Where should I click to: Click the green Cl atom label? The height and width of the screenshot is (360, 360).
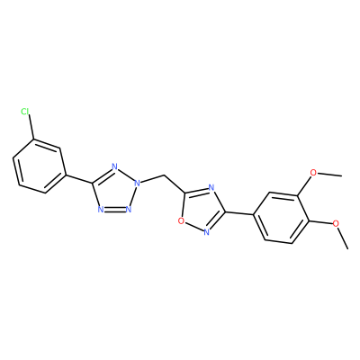pyautogui.click(x=25, y=112)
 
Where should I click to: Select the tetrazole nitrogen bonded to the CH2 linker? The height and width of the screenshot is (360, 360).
pyautogui.click(x=137, y=183)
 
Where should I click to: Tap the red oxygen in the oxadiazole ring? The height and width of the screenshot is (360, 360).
pyautogui.click(x=181, y=221)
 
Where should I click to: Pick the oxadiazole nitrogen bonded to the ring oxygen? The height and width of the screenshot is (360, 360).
pyautogui.click(x=206, y=231)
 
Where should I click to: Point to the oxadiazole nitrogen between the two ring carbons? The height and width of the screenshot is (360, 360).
pyautogui.click(x=211, y=188)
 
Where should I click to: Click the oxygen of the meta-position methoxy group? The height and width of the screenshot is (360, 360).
pyautogui.click(x=313, y=173)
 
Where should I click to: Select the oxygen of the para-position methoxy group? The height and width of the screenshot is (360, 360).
pyautogui.click(x=336, y=223)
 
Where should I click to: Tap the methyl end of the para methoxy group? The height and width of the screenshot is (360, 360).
pyautogui.click(x=347, y=248)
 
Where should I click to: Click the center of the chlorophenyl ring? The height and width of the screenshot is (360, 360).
pyautogui.click(x=39, y=166)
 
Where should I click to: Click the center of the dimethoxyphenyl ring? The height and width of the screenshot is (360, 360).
pyautogui.click(x=281, y=218)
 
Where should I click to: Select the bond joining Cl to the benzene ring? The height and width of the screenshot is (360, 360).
pyautogui.click(x=31, y=128)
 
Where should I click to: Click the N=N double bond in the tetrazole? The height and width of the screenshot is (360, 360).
pyautogui.click(x=115, y=209)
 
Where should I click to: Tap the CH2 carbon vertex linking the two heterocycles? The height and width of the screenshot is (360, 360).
pyautogui.click(x=165, y=175)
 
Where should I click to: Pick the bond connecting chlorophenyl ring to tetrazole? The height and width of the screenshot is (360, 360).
pyautogui.click(x=79, y=179)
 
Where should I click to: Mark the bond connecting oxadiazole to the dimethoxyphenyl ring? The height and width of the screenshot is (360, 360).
pyautogui.click(x=239, y=213)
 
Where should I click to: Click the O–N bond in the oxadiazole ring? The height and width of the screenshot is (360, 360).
pyautogui.click(x=193, y=227)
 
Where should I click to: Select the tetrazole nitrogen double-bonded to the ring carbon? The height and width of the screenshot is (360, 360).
pyautogui.click(x=114, y=167)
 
